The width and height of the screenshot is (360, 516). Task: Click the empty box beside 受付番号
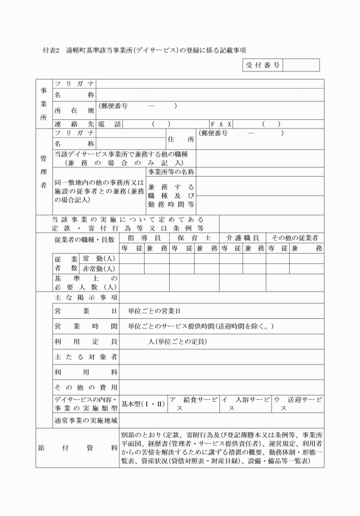pyautogui.click(x=301, y=65)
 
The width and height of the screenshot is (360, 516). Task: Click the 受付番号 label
pyautogui.click(x=263, y=65)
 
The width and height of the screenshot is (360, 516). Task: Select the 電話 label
pyautogui.click(x=109, y=123)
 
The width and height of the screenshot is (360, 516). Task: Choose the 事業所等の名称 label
pyautogui.click(x=171, y=171)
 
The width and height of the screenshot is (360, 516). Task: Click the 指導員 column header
pyautogui.click(x=144, y=237)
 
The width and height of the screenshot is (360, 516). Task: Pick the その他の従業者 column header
pyautogui.click(x=294, y=237)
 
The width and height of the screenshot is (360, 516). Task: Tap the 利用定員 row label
pyautogui.click(x=86, y=341)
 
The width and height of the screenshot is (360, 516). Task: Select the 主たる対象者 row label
pyautogui.click(x=86, y=357)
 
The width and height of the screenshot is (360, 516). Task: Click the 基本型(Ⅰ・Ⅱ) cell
pyautogui.click(x=143, y=403)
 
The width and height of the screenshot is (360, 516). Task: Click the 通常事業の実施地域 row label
pyautogui.click(x=86, y=421)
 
